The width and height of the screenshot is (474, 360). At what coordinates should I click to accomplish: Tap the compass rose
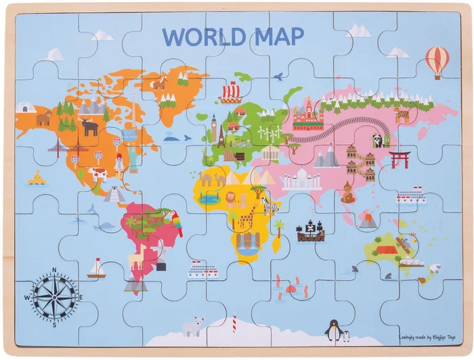(x=54, y=296)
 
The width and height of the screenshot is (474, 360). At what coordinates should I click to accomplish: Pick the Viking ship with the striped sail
(x=230, y=91)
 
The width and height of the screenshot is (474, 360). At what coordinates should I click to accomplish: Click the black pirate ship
(x=310, y=231)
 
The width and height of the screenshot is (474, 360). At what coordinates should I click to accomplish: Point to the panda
(x=377, y=140)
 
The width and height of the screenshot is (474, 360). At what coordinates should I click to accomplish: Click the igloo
(x=26, y=108)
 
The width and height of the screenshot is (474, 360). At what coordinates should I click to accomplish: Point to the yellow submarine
(x=37, y=179)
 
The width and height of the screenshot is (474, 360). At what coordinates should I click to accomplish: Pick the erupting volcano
(x=367, y=220)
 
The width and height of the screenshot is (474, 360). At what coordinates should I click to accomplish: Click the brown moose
(x=89, y=126)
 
